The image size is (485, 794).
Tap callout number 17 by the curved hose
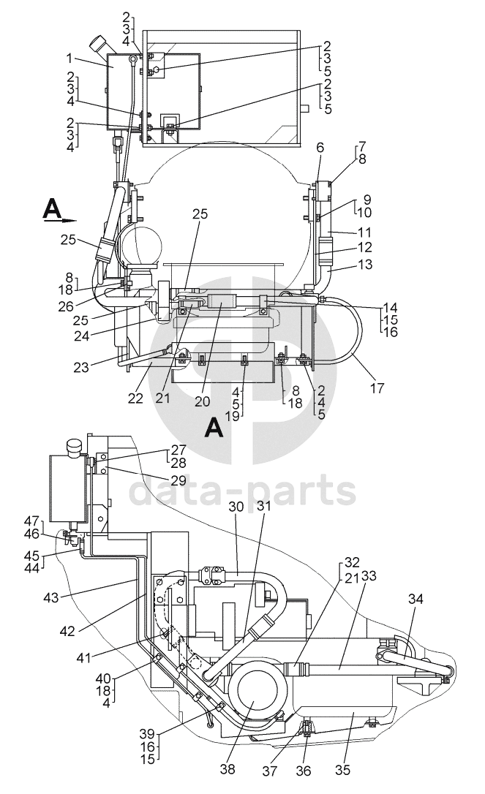click(377, 388)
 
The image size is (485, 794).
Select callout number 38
click(228, 768)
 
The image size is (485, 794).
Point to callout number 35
click(342, 770)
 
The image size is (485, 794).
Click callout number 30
click(236, 507)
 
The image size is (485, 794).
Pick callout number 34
click(320, 148)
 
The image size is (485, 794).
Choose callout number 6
click(320, 148)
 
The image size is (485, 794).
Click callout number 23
click(81, 367)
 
